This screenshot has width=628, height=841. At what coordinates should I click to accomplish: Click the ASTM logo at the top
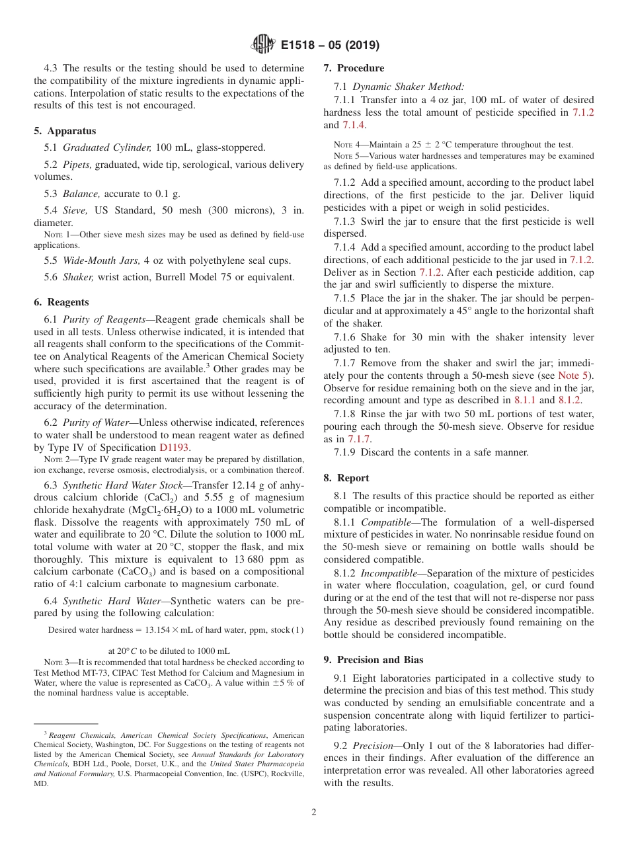(262, 45)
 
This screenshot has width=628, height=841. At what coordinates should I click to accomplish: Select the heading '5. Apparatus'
(65, 131)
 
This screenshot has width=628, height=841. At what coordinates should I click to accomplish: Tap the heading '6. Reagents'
(61, 302)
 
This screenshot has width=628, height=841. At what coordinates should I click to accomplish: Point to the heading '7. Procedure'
(354, 68)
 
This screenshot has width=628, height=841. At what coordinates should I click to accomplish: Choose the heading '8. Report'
(346, 478)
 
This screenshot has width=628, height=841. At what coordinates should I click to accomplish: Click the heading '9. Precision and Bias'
(373, 660)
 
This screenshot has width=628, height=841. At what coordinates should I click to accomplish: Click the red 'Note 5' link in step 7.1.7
(572, 376)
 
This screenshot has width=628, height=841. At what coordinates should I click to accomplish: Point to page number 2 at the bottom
(314, 813)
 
